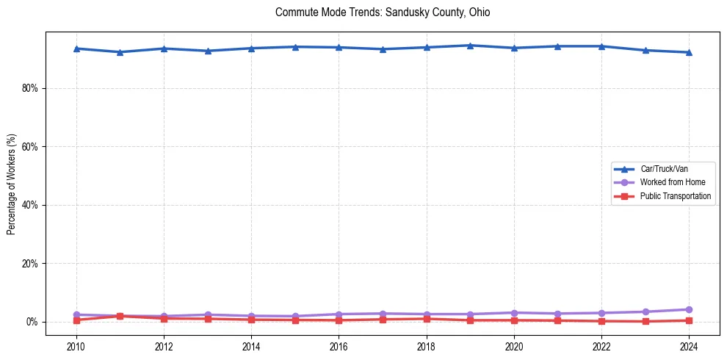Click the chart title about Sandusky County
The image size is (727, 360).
(382, 12)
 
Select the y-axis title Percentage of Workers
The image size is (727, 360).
(12, 184)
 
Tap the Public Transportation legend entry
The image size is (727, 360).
(675, 196)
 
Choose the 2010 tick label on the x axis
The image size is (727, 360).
(76, 346)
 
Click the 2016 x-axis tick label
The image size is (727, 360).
(339, 346)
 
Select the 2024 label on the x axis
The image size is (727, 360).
(689, 346)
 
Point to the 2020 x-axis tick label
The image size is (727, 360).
(514, 346)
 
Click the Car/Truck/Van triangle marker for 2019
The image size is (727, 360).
(470, 46)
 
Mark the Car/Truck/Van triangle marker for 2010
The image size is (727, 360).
(76, 48)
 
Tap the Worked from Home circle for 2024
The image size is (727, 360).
(689, 309)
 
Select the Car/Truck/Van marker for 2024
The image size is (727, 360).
(689, 52)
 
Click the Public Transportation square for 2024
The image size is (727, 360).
(689, 320)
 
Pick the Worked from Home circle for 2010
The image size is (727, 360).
(76, 314)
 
